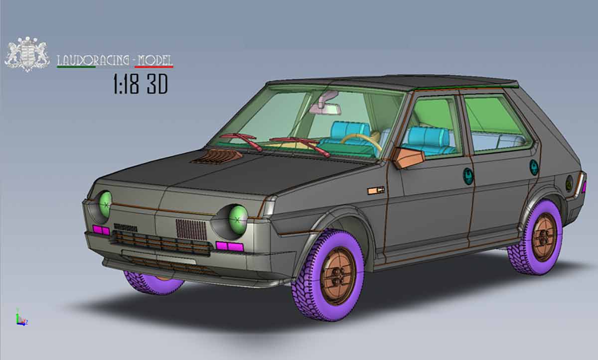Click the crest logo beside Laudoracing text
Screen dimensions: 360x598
coord(27,54)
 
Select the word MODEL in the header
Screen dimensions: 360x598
coord(155,60)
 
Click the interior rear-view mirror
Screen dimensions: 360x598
coord(324,106)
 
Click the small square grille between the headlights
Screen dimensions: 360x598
coord(191,230)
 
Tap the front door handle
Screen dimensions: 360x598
coord(468,176)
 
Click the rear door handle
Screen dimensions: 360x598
coord(534,167)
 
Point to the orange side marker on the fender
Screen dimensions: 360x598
coord(376,190)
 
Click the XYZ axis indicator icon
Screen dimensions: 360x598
coord(21,318)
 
